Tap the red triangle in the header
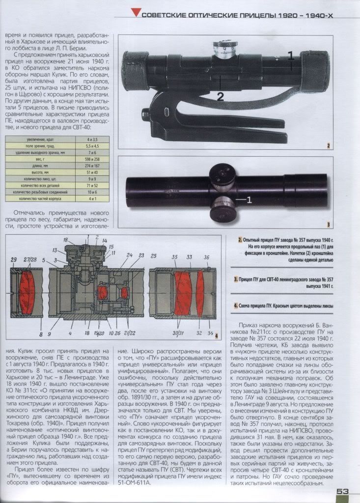[136, 15]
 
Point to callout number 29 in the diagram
[13, 259]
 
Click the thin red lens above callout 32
[200, 292]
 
